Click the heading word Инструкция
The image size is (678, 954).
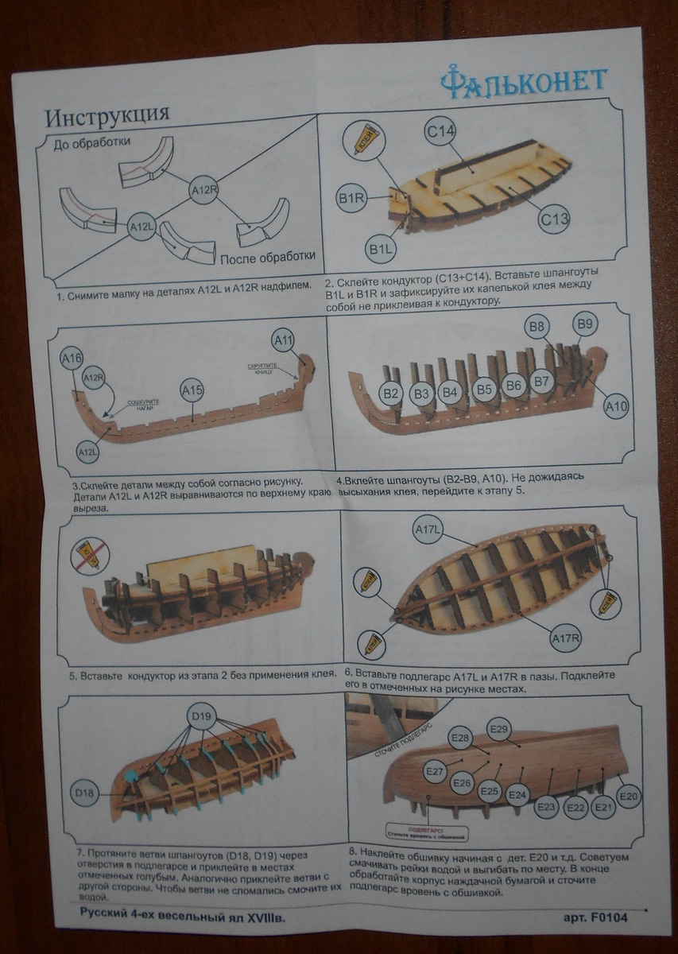(x=107, y=116)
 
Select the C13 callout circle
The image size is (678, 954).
(x=554, y=217)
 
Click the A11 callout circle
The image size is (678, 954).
(x=284, y=341)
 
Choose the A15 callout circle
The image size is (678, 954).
(x=192, y=390)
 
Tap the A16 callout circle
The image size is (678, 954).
(x=72, y=359)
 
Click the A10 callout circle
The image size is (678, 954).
(x=616, y=407)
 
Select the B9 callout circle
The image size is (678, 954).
(x=586, y=324)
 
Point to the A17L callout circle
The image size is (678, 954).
(x=428, y=529)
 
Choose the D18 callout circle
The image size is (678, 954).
(x=85, y=793)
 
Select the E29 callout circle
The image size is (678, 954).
(x=498, y=729)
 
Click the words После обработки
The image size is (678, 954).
(x=268, y=257)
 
